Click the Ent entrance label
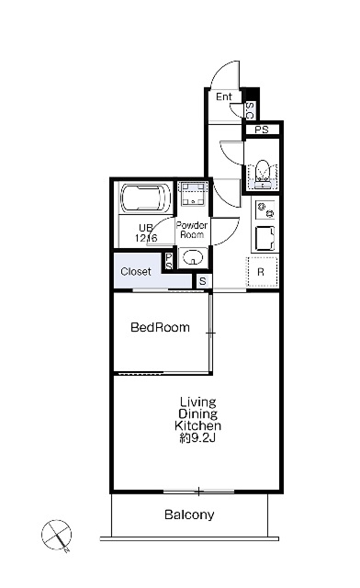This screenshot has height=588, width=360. [224, 96]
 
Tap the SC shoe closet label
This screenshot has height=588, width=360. [250, 110]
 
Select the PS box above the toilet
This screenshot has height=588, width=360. [262, 130]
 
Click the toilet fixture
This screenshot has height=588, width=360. [262, 174]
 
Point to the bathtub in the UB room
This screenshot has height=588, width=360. [146, 198]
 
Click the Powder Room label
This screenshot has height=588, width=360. [192, 230]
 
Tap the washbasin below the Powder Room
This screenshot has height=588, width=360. [193, 257]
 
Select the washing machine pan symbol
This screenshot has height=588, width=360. [194, 194]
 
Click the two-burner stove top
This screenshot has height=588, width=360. [265, 209]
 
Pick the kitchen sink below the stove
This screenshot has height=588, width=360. [265, 238]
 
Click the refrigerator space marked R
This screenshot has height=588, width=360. [262, 272]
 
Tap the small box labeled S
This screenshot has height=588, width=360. [202, 281]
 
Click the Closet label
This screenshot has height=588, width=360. [136, 271]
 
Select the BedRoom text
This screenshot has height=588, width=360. [160, 327]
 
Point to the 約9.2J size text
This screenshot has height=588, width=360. [197, 437]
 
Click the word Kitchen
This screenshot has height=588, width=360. [197, 425]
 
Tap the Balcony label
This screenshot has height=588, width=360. [189, 514]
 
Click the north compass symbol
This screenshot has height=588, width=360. [56, 536]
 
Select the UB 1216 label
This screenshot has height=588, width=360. [146, 232]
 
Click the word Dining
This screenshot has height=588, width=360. [197, 414]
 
